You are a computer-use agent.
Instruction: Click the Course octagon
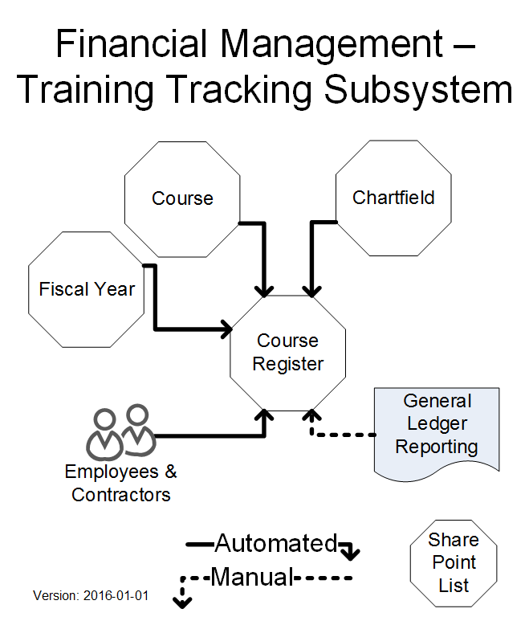click(183, 198)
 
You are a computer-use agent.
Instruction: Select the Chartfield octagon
click(393, 198)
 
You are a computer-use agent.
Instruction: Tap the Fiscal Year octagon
click(87, 289)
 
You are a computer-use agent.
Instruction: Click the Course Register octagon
click(288, 353)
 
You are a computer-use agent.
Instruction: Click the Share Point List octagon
click(454, 562)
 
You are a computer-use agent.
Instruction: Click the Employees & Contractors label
click(121, 483)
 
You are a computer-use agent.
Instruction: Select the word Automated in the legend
click(275, 544)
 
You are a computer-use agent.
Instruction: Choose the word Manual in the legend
click(252, 577)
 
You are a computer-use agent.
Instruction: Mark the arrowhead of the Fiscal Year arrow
click(226, 329)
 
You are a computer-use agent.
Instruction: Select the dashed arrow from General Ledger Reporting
click(341, 435)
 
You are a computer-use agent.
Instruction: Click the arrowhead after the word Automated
click(351, 553)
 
